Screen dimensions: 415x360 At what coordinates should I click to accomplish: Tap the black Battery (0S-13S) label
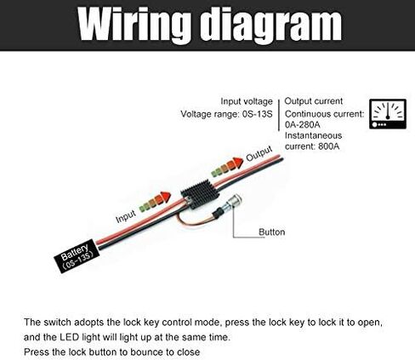(x=77, y=256)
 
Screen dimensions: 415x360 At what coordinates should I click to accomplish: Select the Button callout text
(x=271, y=232)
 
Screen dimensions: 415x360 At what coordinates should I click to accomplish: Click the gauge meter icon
(x=388, y=114)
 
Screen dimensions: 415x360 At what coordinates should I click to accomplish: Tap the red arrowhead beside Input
(x=165, y=197)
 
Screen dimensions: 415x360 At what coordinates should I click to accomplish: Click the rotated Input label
(x=126, y=216)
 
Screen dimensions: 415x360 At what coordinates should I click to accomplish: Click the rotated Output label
(x=259, y=153)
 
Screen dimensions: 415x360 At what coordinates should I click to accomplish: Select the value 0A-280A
(x=303, y=124)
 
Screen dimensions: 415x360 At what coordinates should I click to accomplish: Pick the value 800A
(x=328, y=146)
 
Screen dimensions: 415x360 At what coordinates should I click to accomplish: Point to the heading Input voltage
(x=247, y=101)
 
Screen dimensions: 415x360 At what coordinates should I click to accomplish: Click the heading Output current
(x=314, y=101)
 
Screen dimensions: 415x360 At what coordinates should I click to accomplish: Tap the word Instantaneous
(x=313, y=135)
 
